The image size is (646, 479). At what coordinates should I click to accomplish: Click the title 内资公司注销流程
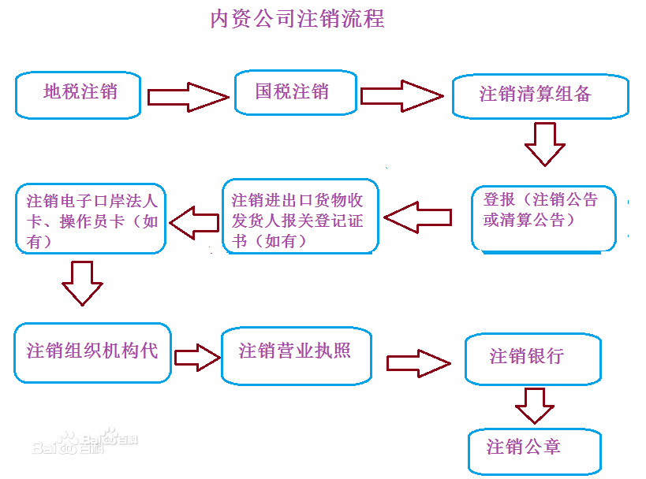tap(297, 19)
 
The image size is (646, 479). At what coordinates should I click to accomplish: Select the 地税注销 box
tap(78, 95)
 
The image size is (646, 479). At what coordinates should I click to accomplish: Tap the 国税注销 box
tap(296, 92)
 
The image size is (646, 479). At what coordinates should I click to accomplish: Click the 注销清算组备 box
tap(540, 96)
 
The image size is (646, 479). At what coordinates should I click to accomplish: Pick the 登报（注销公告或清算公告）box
tap(543, 218)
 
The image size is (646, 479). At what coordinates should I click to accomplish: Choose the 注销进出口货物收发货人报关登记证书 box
tap(300, 216)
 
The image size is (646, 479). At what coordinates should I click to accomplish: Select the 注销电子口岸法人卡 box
tap(91, 218)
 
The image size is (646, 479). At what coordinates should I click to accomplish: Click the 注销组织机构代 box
tap(93, 353)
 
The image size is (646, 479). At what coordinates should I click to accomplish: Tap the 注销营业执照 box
tap(297, 356)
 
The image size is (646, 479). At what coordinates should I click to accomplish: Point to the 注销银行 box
tap(533, 358)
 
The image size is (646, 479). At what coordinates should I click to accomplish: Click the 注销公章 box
tap(535, 451)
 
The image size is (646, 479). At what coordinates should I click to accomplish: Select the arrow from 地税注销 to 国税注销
tap(188, 97)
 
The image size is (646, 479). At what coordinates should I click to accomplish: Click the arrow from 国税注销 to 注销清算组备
tap(401, 96)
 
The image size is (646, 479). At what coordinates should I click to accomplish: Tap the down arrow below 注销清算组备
tap(545, 144)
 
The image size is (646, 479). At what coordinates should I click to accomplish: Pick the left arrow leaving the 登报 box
tap(418, 217)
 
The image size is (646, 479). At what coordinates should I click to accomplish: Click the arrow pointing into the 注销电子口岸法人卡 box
tap(194, 223)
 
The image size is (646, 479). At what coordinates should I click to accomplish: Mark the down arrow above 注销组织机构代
tap(82, 283)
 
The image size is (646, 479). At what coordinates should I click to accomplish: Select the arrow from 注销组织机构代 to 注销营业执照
tap(197, 357)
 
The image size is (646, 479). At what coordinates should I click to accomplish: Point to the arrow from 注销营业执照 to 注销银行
tap(419, 363)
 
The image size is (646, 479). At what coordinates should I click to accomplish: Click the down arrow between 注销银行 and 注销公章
tap(534, 406)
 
